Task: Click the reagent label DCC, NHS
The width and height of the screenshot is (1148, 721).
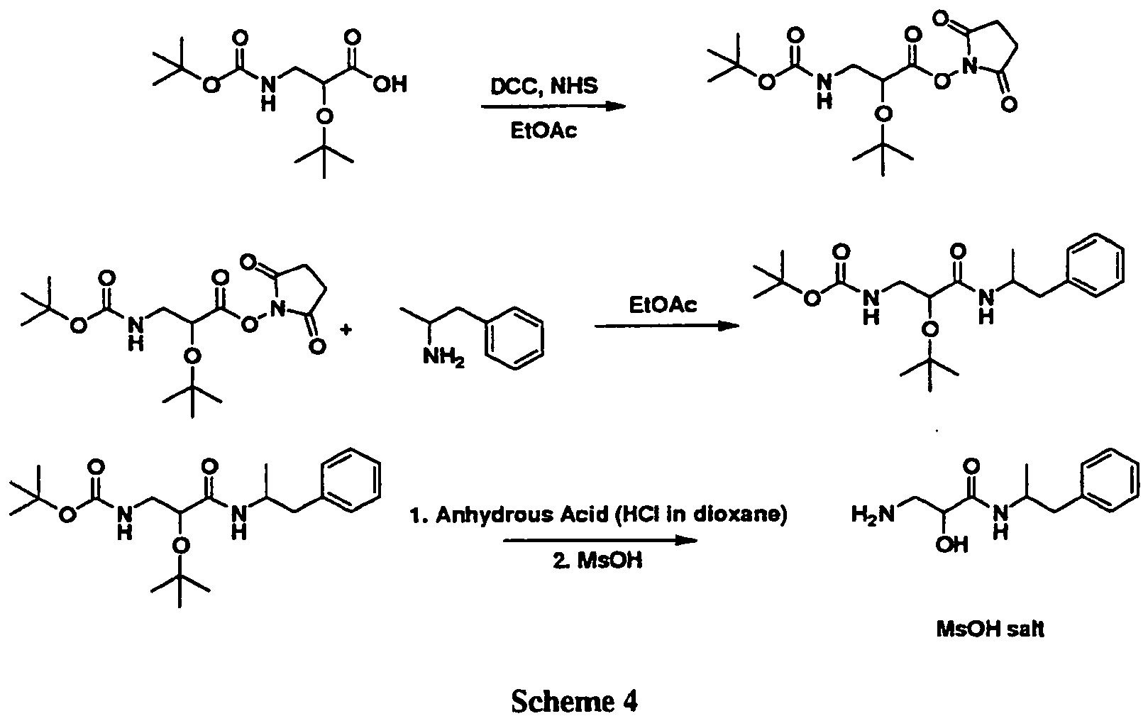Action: pos(545,86)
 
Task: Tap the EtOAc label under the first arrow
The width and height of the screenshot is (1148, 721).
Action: pos(545,131)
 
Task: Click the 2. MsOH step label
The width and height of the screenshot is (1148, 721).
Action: pos(597,561)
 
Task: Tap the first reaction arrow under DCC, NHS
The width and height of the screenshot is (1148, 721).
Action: pos(553,107)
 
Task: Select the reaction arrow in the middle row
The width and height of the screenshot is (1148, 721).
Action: pos(663,326)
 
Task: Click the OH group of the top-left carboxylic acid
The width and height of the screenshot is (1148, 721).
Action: pos(390,85)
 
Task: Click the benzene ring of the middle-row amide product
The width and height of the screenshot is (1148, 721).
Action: pos(1096,265)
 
